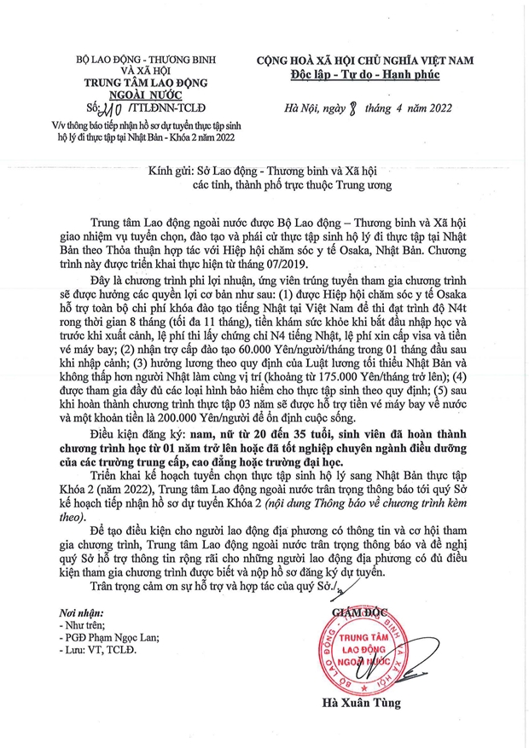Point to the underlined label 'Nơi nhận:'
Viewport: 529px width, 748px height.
(81, 612)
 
